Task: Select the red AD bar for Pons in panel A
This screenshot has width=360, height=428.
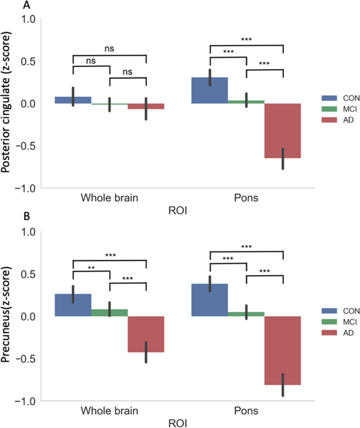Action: point(283,131)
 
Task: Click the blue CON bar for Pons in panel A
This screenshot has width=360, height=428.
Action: point(210,90)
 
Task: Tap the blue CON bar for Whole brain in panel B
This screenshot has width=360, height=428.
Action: point(73,305)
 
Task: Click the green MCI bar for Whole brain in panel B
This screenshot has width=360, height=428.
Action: point(110,312)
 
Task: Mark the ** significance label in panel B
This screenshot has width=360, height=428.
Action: point(91,267)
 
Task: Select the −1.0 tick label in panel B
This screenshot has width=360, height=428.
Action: point(24,401)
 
